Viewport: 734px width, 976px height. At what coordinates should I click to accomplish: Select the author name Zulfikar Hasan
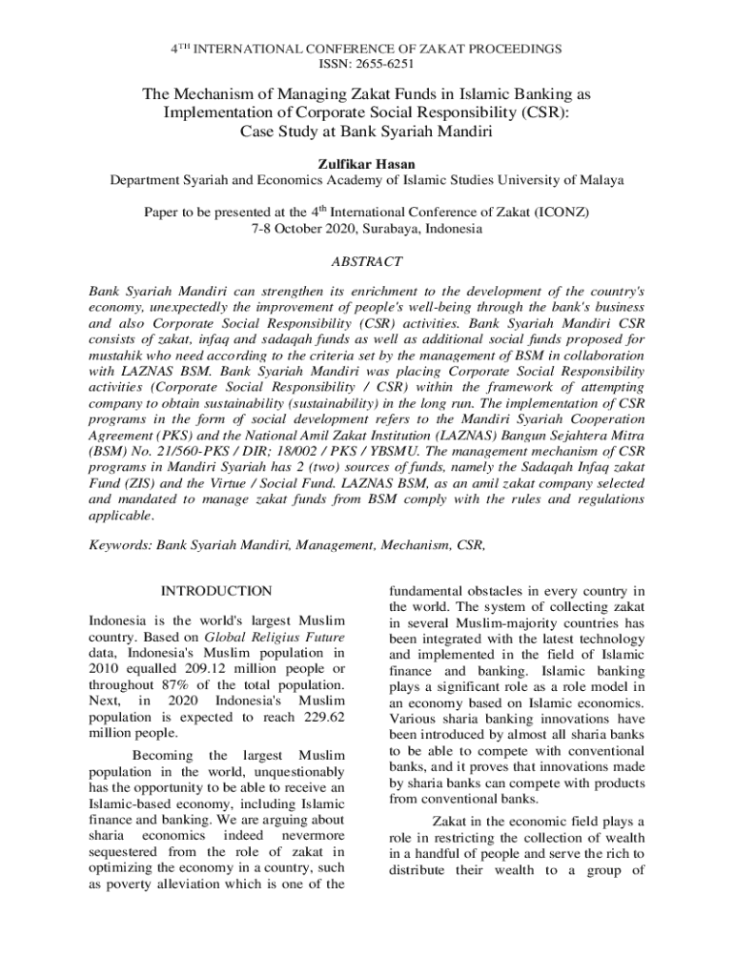[x=367, y=164]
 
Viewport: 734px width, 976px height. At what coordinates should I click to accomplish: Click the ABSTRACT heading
[x=366, y=261]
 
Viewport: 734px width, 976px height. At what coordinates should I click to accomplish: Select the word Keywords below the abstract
[x=119, y=545]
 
